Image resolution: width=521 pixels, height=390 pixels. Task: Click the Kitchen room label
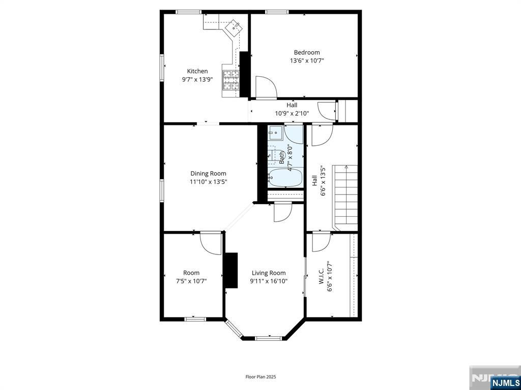coord(197,71)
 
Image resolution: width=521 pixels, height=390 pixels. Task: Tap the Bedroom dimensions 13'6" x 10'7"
coord(307,61)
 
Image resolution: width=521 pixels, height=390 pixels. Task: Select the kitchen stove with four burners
coord(231,80)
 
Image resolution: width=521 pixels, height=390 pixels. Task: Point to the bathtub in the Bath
coord(285,178)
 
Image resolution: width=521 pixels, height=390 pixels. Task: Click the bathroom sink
coord(275,133)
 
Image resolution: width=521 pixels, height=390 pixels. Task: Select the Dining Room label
coord(208,174)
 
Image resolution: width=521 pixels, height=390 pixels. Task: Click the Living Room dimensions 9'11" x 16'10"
coord(269,281)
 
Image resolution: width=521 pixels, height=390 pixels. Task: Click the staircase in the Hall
coord(346,198)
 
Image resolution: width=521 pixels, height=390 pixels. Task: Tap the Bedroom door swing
coord(266,87)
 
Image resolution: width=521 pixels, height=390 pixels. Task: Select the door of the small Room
coord(211,243)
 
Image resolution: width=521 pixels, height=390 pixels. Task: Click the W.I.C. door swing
coord(322,242)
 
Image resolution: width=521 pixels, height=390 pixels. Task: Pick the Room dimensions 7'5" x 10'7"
coord(191,281)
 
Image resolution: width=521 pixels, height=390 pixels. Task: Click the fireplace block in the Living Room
coord(231,270)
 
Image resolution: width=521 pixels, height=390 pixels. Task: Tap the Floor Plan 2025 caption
coord(260,377)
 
